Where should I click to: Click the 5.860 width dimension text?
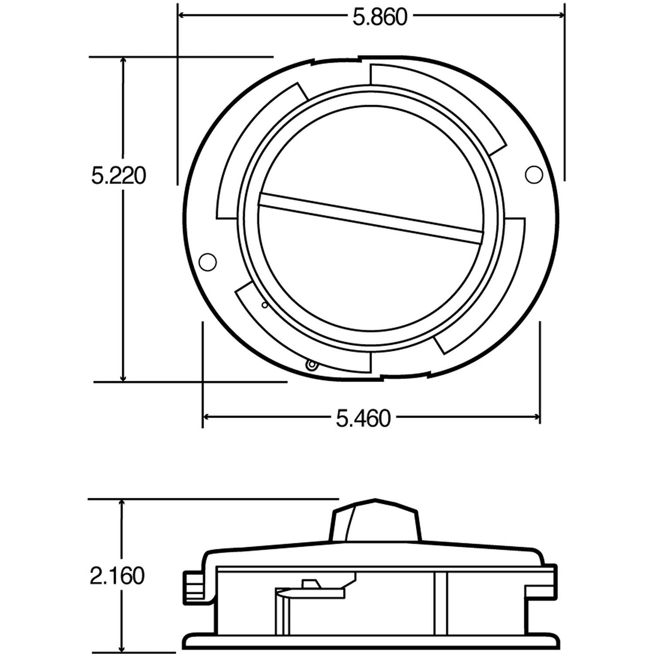[x=380, y=17]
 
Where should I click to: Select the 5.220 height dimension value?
[x=119, y=176]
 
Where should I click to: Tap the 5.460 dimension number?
[x=363, y=418]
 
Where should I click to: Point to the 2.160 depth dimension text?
[x=117, y=576]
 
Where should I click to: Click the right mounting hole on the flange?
[x=534, y=174]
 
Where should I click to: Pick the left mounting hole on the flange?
[x=208, y=262]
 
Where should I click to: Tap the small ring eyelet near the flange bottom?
[x=311, y=364]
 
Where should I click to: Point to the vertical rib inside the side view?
[x=440, y=609]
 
